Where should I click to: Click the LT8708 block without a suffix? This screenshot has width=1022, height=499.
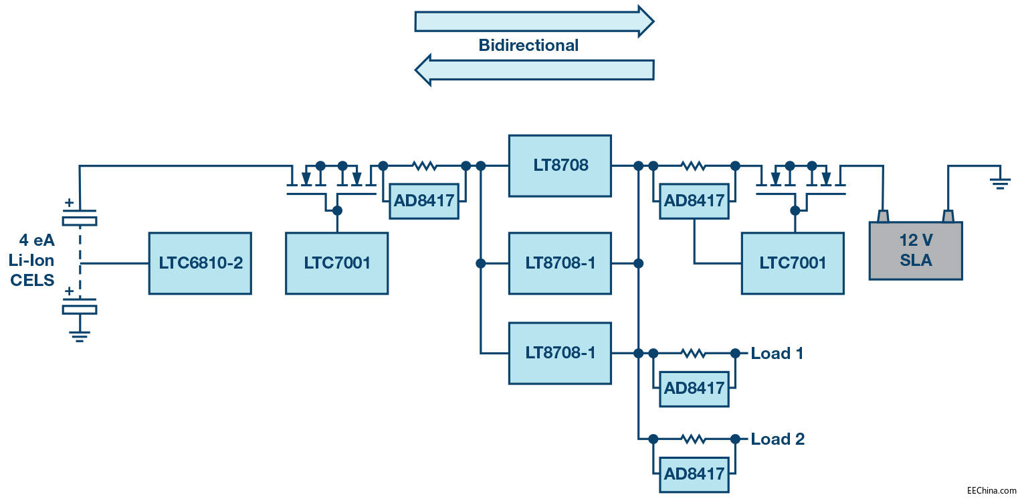click(559, 165)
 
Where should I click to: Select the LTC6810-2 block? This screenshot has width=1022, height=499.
click(200, 263)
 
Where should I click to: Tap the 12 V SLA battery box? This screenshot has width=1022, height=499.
click(915, 251)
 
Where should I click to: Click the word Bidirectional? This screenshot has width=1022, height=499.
click(528, 46)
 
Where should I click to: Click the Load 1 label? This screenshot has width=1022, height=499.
click(777, 353)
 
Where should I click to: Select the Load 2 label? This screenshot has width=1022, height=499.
click(777, 439)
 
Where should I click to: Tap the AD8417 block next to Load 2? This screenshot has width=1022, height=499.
click(694, 474)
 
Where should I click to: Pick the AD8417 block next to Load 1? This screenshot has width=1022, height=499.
click(694, 388)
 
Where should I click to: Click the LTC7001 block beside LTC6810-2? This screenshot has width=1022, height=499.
click(336, 263)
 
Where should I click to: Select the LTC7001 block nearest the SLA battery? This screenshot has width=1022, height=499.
click(792, 263)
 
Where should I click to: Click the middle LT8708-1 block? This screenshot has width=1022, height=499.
click(559, 263)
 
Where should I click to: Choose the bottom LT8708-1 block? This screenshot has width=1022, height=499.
click(559, 353)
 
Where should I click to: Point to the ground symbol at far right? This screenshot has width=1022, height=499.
click(1000, 181)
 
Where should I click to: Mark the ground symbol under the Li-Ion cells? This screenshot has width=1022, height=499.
click(80, 335)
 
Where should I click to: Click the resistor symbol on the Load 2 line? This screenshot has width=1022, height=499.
click(693, 439)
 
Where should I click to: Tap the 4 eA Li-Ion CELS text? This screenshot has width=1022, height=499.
click(32, 260)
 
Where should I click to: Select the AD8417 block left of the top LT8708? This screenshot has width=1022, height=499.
click(424, 200)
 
